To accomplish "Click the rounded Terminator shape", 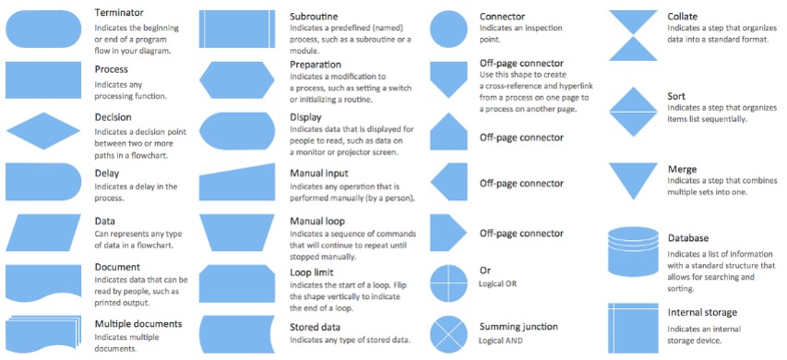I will [x=43, y=30].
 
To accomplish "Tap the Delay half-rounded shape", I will [x=42, y=182].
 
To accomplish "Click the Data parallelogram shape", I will [x=43, y=232].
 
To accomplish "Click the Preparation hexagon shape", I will [x=237, y=80].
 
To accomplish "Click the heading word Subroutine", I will [x=314, y=17].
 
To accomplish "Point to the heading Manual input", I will [x=319, y=174].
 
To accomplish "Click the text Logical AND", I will [x=505, y=341].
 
